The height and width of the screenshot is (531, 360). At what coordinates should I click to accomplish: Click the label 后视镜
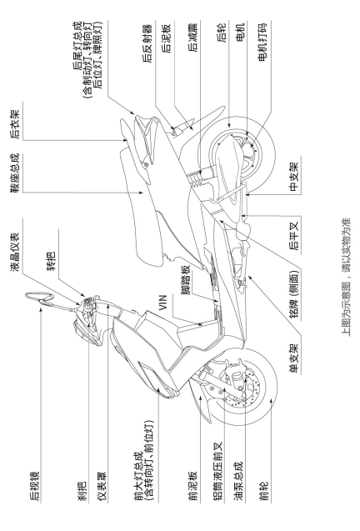(34, 486)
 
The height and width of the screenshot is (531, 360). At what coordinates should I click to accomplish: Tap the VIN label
(162, 303)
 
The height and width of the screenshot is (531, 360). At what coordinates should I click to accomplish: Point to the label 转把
(52, 262)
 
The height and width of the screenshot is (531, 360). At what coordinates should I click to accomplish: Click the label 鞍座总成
(17, 173)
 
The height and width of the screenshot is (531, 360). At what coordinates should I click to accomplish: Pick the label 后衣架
(15, 124)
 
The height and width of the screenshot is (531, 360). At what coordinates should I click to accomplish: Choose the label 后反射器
(147, 43)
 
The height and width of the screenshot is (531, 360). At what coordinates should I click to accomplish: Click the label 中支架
(293, 176)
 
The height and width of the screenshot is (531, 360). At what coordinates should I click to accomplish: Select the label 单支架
(293, 358)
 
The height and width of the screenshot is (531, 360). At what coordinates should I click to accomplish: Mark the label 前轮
(264, 491)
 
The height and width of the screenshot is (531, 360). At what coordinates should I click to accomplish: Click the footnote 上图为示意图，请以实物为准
(346, 277)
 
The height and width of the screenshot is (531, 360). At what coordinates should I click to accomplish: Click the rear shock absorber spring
(196, 178)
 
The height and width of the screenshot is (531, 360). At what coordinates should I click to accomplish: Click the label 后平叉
(293, 237)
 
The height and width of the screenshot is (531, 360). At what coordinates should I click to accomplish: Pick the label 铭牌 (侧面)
(293, 294)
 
